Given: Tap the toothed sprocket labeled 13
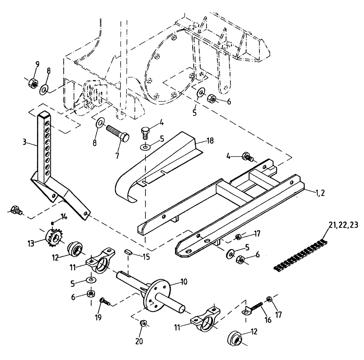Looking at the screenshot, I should [x=54, y=238].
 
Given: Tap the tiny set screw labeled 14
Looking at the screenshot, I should [x=53, y=223].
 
